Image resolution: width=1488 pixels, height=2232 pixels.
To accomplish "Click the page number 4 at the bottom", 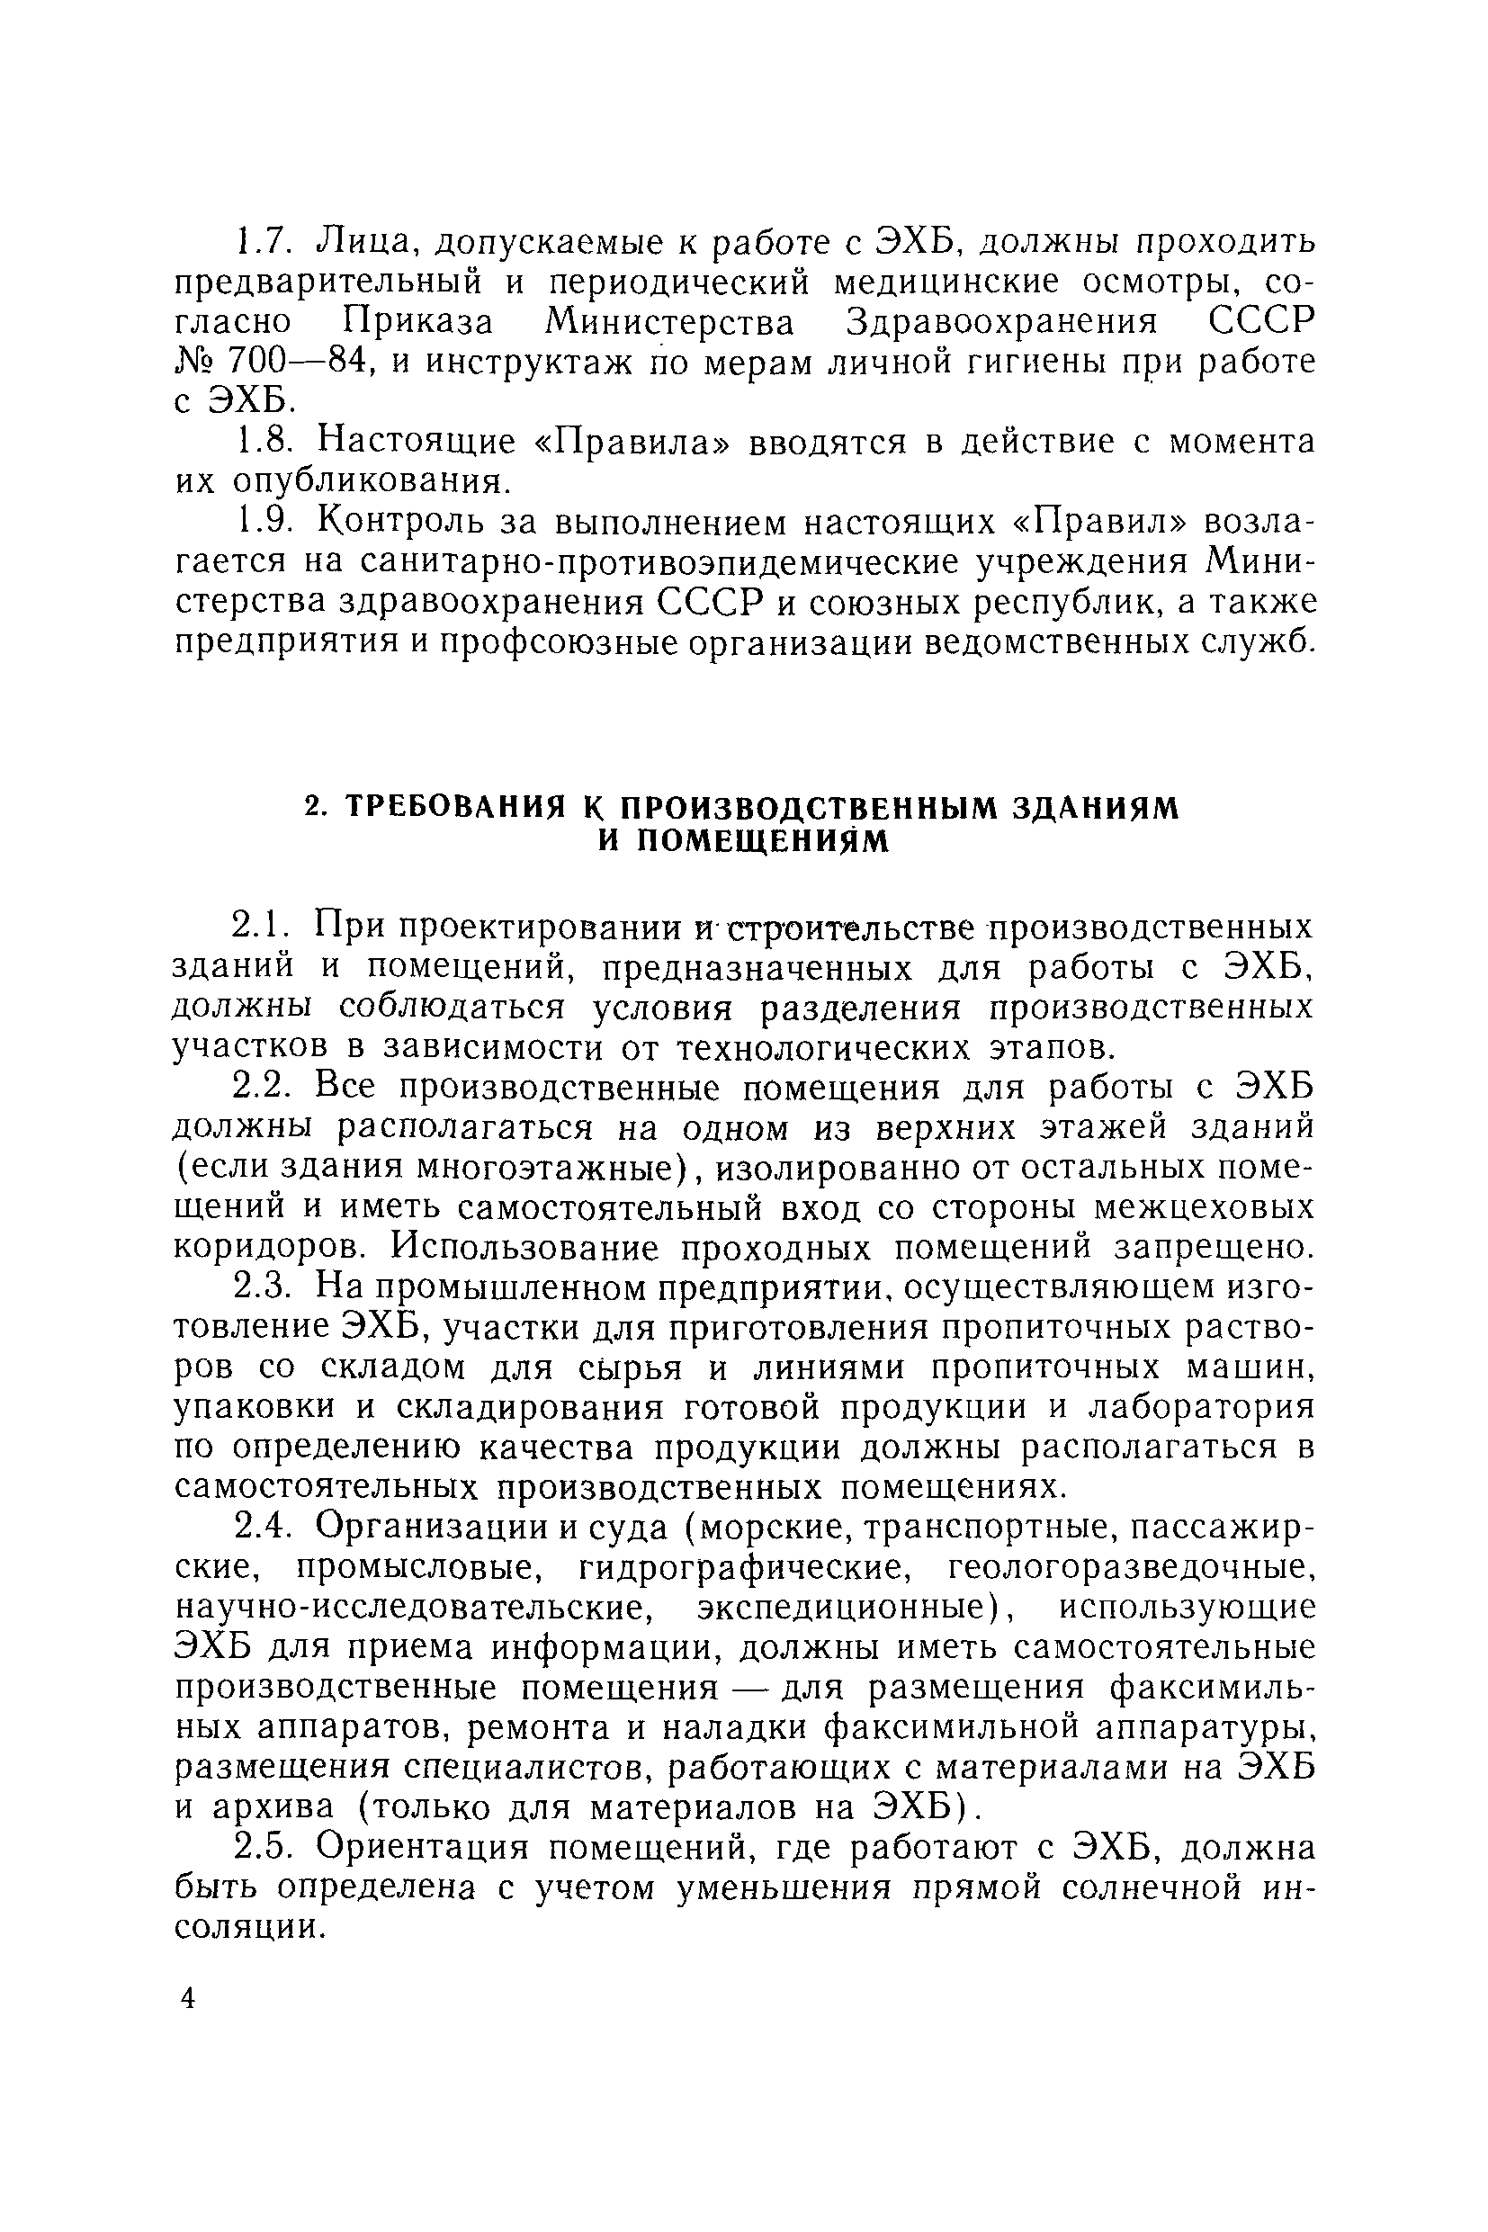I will click(188, 1997).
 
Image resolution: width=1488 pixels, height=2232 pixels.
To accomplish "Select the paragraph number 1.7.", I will click(260, 243).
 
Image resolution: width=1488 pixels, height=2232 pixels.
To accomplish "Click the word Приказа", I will click(418, 323).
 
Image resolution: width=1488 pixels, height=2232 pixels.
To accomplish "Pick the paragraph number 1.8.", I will click(260, 443).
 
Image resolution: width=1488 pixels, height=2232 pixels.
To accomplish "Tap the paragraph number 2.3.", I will click(260, 1286).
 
